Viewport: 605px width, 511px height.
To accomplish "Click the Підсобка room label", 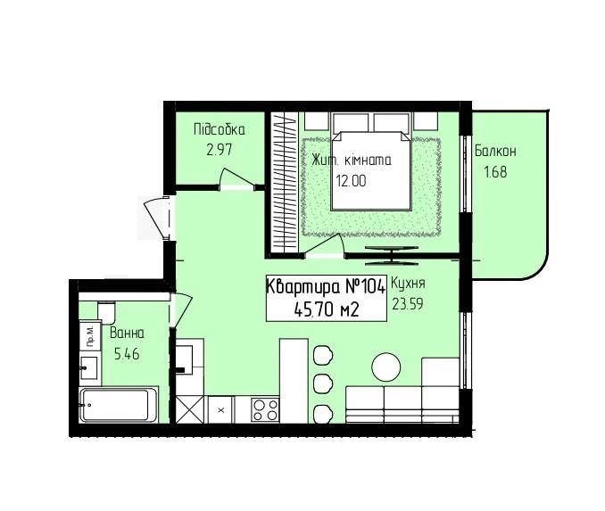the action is [x=220, y=129].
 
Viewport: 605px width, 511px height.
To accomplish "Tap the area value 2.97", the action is [x=220, y=149].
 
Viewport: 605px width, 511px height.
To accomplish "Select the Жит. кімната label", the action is [x=352, y=160].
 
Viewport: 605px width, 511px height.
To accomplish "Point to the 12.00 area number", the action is [x=351, y=180].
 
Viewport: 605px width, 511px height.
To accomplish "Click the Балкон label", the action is [x=495, y=151].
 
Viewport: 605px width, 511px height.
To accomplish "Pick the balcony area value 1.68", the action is [x=495, y=171].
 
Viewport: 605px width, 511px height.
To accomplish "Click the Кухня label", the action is [x=408, y=283].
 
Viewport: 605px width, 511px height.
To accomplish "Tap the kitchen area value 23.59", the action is [x=408, y=303].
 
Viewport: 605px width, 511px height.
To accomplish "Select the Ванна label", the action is [x=127, y=333].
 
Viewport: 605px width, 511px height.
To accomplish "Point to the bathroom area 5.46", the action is [x=127, y=353].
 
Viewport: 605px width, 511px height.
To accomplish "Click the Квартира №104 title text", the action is [x=326, y=286].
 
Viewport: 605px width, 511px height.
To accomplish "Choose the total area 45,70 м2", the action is [x=327, y=309].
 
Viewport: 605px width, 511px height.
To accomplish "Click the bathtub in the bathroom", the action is [x=119, y=405].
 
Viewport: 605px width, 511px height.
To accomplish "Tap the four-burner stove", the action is [x=265, y=410].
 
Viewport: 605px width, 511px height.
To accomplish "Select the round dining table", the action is [x=385, y=367].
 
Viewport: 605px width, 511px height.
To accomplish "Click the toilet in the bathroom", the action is [x=106, y=313].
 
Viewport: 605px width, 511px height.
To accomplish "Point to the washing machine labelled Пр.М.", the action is [x=90, y=336].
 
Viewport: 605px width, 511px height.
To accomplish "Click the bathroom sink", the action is [x=89, y=367].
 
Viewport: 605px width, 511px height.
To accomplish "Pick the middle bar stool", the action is [x=323, y=384].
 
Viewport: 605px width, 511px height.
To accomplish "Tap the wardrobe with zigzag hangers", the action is [x=284, y=183].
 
